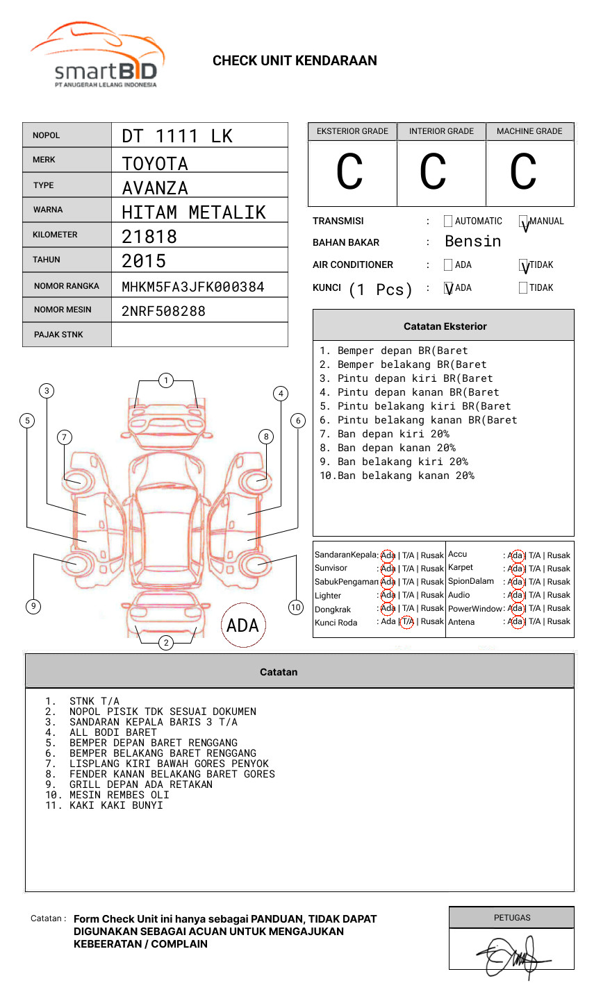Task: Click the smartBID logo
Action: (x=97, y=56)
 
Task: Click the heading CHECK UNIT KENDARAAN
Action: (x=295, y=61)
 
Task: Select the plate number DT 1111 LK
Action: (x=177, y=136)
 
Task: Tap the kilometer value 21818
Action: (x=149, y=237)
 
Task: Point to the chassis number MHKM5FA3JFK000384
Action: (x=192, y=287)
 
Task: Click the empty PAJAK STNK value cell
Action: (x=199, y=335)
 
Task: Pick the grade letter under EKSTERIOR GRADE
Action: (x=350, y=172)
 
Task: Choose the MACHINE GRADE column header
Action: (x=529, y=131)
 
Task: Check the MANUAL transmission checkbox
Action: (x=524, y=222)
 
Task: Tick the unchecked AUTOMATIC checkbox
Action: (x=448, y=221)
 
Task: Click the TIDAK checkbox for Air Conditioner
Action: (x=524, y=266)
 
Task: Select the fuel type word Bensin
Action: (x=472, y=242)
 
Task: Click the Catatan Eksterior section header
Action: (x=445, y=326)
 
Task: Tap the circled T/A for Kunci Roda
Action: (x=407, y=621)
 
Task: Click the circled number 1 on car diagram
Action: (x=165, y=380)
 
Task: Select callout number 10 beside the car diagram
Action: (x=296, y=607)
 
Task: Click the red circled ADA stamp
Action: (x=242, y=625)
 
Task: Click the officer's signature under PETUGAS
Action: (x=513, y=957)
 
